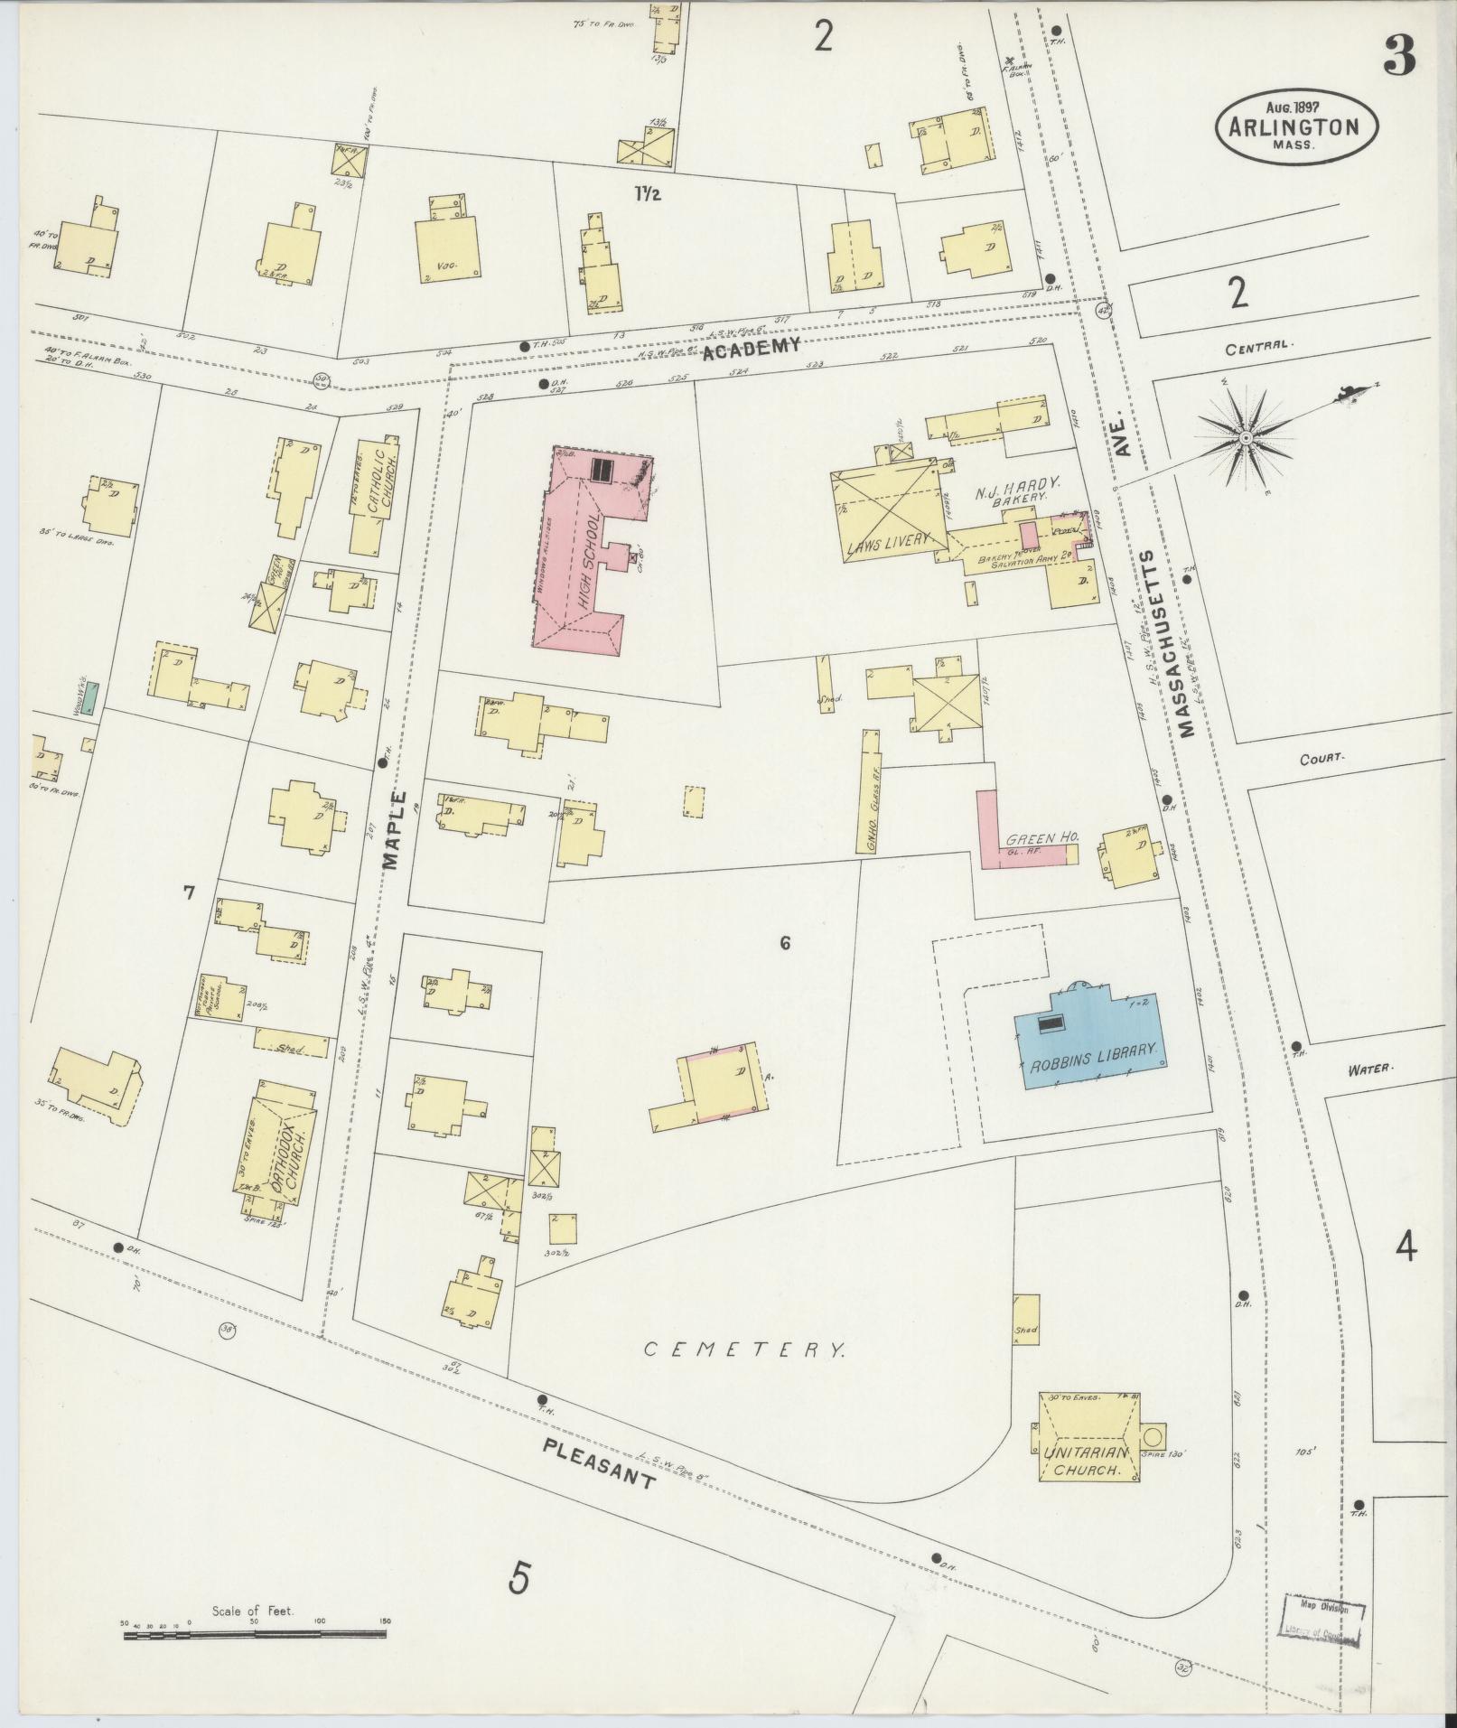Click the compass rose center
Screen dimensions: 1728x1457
coord(1246,437)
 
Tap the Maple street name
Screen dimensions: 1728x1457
coord(395,828)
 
